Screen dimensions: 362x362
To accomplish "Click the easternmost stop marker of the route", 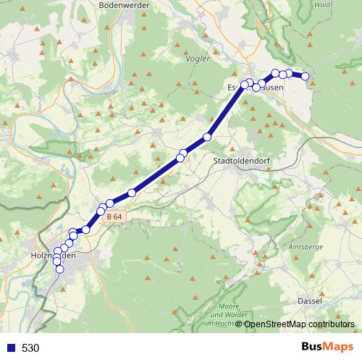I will [306, 76].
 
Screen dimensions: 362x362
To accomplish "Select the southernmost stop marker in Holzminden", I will [60, 269].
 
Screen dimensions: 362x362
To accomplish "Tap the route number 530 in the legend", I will [30, 348].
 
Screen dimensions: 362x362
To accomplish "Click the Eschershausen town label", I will [254, 87].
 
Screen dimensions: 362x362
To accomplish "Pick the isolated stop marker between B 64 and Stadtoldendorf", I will [132, 193].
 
